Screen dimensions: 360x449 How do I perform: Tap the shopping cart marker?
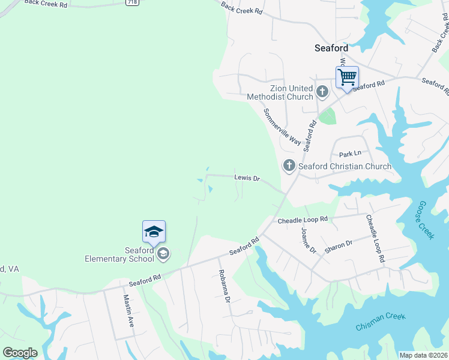pos(347,77)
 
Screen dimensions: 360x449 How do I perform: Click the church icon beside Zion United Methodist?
pos(322,92)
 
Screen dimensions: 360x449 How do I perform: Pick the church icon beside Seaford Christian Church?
pos(289,166)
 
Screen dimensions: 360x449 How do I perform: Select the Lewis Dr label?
pos(247,178)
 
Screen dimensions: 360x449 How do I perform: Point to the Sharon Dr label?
pos(339,243)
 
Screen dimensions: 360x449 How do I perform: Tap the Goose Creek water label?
pos(425,220)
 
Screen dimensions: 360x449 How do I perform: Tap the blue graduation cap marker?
pos(154,232)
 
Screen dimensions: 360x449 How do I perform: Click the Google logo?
pos(20,353)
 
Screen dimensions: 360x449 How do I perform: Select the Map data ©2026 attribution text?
pos(423,355)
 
